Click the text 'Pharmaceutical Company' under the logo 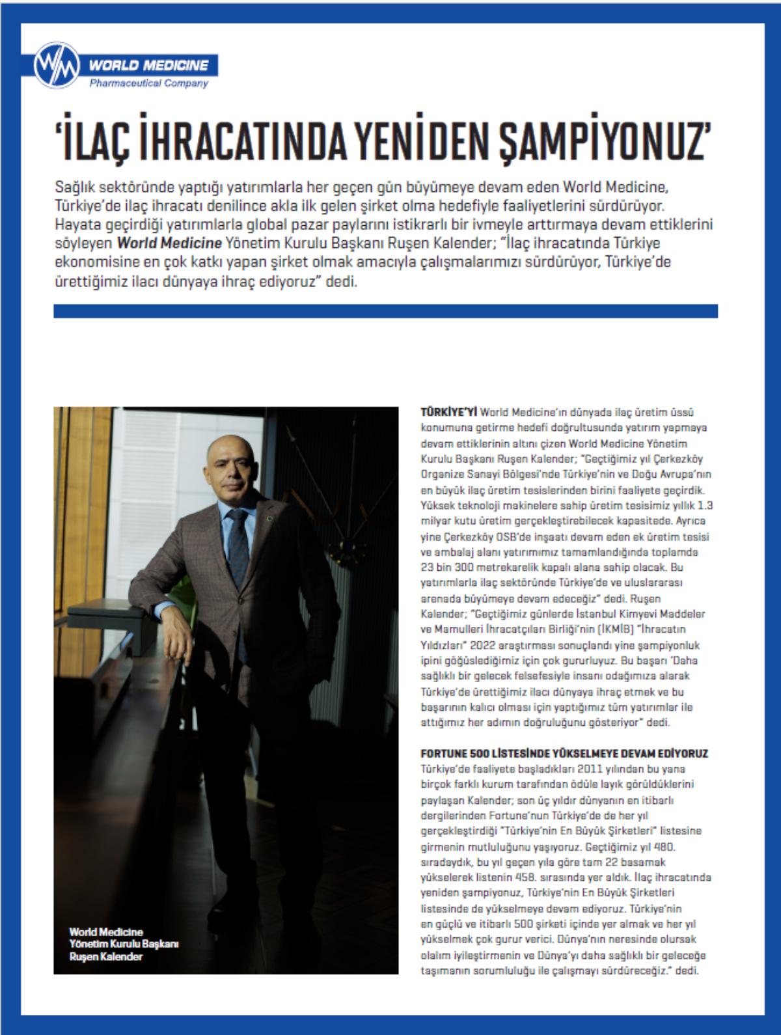click(x=148, y=83)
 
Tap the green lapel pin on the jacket click(x=265, y=519)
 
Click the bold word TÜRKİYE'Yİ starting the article click(x=449, y=412)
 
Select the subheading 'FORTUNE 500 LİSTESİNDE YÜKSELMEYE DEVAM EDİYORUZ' click(x=564, y=753)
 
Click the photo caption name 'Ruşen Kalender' click(x=106, y=956)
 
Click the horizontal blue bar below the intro click(x=385, y=311)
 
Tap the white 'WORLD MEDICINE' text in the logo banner click(x=148, y=65)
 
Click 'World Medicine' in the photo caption click(x=106, y=932)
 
